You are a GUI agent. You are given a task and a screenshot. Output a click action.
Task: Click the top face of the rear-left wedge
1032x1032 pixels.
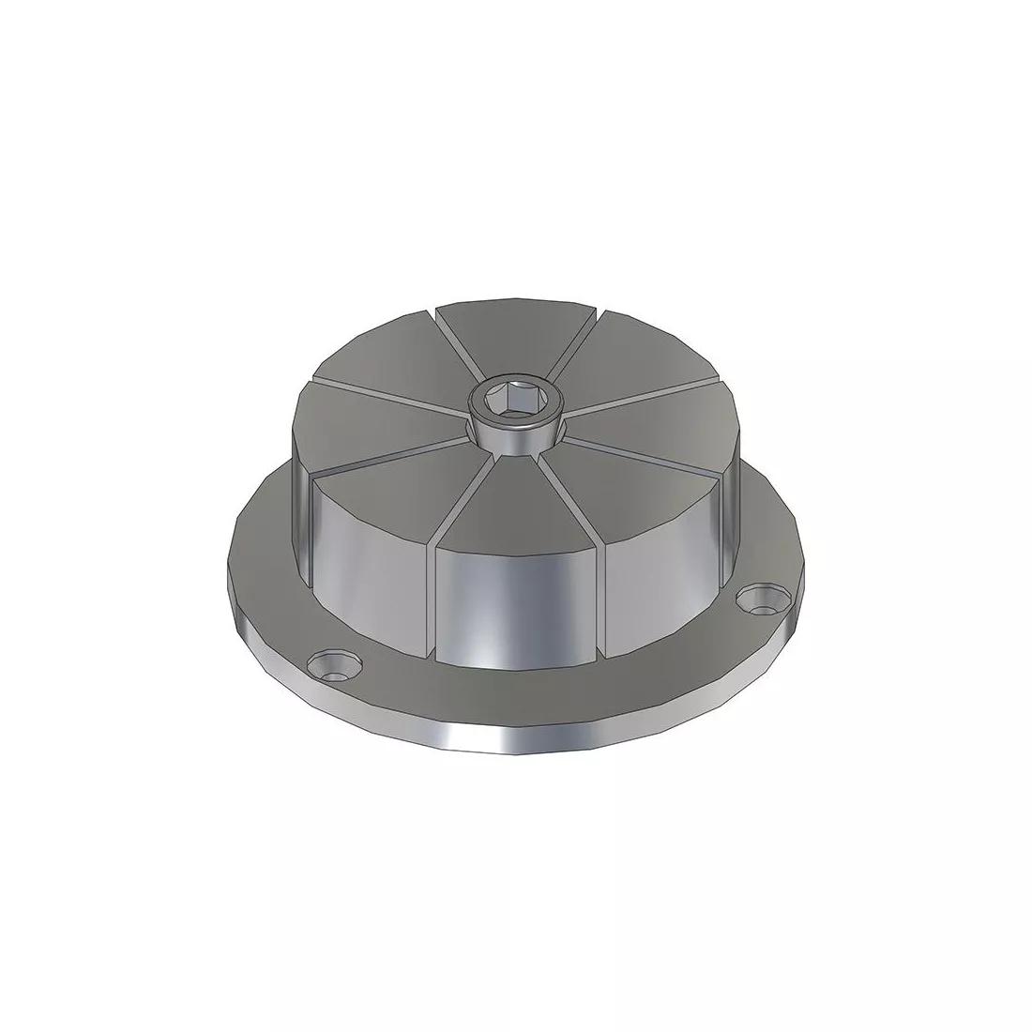[x=394, y=361]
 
